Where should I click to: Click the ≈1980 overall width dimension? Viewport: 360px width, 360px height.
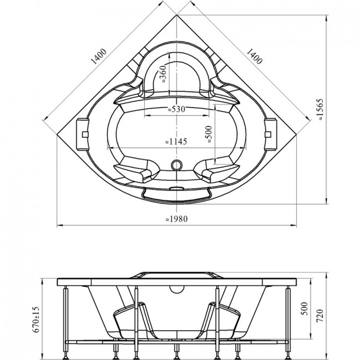(x=177, y=219)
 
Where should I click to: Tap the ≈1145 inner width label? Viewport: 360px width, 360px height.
(x=176, y=141)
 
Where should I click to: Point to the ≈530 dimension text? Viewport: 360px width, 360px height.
(x=176, y=109)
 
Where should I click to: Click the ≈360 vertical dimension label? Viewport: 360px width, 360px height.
(x=163, y=74)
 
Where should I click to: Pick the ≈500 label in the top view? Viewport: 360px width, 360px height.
(x=209, y=135)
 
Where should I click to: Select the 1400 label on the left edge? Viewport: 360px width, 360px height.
(x=99, y=56)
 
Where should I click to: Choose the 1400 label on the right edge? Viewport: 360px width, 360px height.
(x=254, y=56)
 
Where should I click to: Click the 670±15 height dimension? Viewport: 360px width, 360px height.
(x=36, y=320)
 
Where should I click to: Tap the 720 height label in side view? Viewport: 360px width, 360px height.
(x=320, y=316)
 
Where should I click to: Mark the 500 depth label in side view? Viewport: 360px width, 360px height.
(x=304, y=308)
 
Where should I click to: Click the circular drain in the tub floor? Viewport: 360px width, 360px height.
(x=177, y=165)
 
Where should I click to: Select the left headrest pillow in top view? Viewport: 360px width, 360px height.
(x=83, y=135)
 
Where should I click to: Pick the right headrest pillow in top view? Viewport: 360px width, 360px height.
(x=271, y=135)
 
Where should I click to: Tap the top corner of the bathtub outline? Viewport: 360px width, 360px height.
(x=177, y=15)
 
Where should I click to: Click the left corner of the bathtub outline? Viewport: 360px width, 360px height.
(x=57, y=135)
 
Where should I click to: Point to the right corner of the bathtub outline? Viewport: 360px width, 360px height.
(x=296, y=135)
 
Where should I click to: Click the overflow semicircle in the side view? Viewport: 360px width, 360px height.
(x=177, y=290)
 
